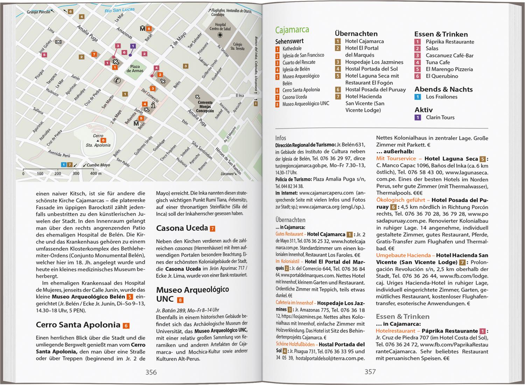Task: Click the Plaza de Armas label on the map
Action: coord(135,68)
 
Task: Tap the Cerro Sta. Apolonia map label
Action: coord(98,140)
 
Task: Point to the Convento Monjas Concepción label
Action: coord(205,106)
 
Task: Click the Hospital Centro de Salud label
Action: coord(220,27)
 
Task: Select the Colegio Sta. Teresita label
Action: coord(237,46)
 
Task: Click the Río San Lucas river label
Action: coord(119,11)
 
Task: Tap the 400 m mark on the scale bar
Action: coord(95,173)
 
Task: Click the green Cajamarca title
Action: coord(292,30)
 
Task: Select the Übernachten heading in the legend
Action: coord(356,34)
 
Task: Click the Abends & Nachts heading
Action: coord(443,89)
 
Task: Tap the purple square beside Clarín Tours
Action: coord(418,118)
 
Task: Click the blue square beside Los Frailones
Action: coord(418,97)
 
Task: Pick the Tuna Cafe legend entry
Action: coord(437,62)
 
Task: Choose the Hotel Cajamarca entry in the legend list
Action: coord(364,41)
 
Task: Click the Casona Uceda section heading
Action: coord(182,228)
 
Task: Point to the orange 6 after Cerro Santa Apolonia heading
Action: coord(126,326)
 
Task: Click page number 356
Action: coord(151,372)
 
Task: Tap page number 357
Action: coord(370,372)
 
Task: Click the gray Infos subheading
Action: coord(281,138)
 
